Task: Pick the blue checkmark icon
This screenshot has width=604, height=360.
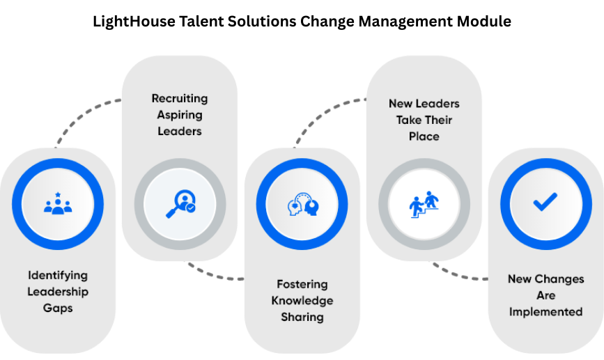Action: coord(545,203)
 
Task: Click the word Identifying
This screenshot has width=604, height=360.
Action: coord(58,275)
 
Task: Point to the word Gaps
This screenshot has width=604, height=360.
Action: coord(58,308)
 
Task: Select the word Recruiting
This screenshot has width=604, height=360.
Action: coord(180,98)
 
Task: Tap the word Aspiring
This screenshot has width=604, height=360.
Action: coord(180,114)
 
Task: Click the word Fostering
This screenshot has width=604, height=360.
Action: coord(302,284)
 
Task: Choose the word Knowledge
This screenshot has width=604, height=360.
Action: coord(302,301)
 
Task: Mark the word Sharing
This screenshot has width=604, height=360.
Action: coord(302,317)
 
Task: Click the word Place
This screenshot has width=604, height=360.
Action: coord(424,136)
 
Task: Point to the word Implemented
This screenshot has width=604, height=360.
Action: coord(545,311)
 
